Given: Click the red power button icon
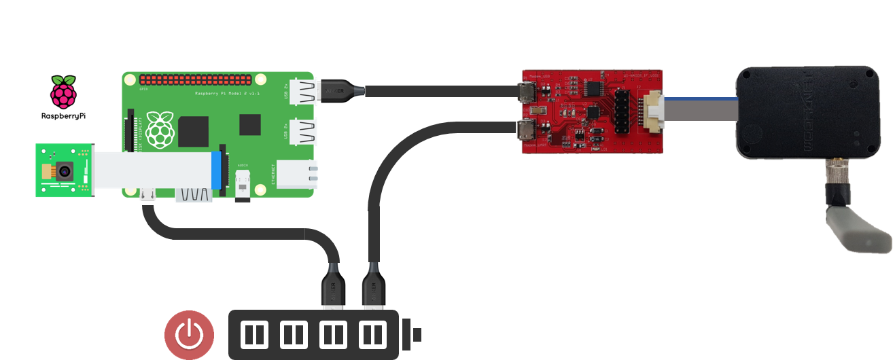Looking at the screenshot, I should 189,335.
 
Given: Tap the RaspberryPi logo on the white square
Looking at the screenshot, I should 63,99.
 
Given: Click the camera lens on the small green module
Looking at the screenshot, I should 64,171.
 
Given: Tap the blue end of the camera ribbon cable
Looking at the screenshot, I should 217,170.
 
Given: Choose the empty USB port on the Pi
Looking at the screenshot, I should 302,130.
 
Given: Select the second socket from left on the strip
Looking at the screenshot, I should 294,335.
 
